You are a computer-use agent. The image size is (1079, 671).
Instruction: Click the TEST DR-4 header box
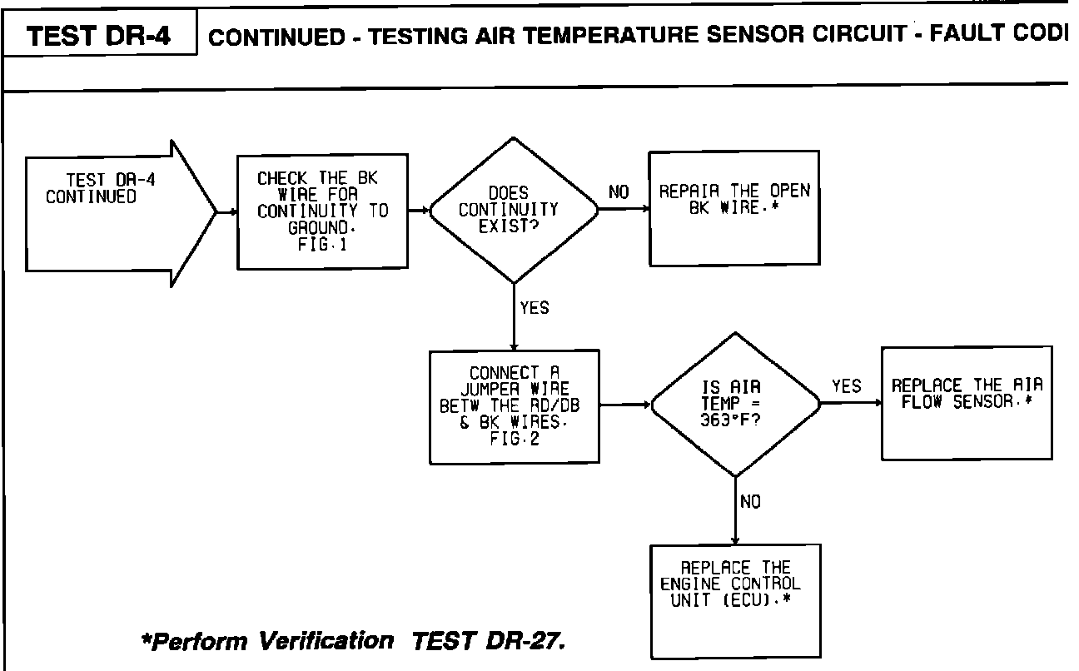click(x=99, y=37)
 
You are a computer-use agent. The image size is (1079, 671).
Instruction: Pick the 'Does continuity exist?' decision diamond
click(x=514, y=210)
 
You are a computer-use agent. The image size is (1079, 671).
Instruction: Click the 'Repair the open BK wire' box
click(x=733, y=208)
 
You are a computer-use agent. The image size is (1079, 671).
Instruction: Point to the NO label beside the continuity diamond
click(x=619, y=192)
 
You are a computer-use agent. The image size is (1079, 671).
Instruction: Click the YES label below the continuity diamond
click(x=534, y=308)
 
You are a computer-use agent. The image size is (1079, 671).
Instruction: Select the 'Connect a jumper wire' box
click(x=514, y=406)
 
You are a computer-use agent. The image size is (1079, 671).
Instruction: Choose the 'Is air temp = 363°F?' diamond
click(x=734, y=405)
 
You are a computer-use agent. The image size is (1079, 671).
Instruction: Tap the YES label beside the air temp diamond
click(x=847, y=386)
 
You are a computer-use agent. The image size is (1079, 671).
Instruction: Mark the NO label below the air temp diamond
click(x=749, y=502)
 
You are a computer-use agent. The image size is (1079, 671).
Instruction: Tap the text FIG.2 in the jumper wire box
click(x=515, y=440)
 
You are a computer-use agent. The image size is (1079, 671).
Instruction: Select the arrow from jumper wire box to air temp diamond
click(x=624, y=405)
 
